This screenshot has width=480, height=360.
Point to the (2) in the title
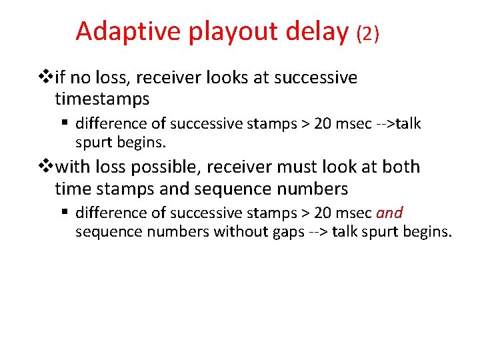[x=368, y=33]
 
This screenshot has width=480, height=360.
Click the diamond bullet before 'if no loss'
[x=47, y=78]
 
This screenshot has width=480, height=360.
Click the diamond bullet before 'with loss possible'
[x=47, y=167]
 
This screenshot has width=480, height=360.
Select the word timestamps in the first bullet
[x=102, y=99]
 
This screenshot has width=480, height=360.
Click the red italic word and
[x=389, y=213]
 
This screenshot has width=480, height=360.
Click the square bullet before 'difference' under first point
[x=67, y=124]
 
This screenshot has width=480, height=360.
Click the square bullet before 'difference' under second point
[x=67, y=213]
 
